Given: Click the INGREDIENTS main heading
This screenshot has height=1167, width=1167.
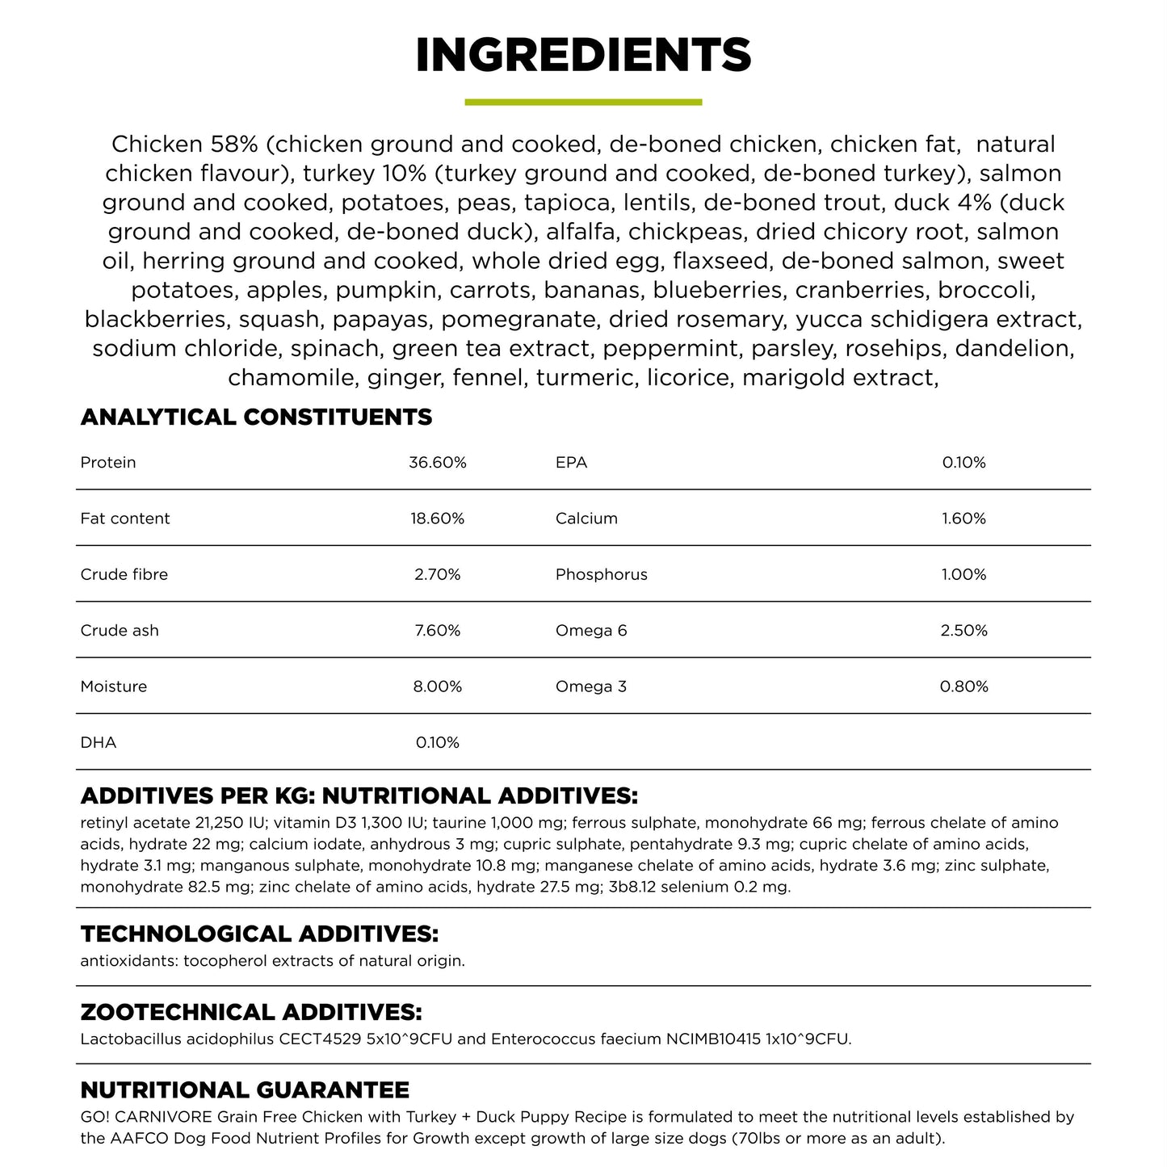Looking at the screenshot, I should click(x=583, y=55).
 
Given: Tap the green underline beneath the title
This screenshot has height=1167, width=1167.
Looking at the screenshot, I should click(x=583, y=103).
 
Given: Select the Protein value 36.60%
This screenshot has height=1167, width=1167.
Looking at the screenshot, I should click(x=438, y=463).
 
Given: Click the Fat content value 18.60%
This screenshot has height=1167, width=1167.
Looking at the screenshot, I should click(x=438, y=518).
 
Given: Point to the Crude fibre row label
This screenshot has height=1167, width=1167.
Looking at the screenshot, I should click(x=124, y=575).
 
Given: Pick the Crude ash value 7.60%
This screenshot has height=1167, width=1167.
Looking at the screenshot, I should click(x=438, y=631).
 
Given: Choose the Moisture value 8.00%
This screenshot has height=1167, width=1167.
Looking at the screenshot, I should click(x=438, y=686).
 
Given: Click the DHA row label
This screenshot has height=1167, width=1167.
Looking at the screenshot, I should click(x=99, y=743).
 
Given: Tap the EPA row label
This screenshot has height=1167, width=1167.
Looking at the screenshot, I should click(x=571, y=463).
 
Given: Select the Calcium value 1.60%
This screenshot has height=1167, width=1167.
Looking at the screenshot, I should click(x=963, y=518).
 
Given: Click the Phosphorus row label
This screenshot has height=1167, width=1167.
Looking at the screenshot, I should click(x=601, y=575).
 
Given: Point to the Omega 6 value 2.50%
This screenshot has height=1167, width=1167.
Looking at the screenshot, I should click(x=963, y=631).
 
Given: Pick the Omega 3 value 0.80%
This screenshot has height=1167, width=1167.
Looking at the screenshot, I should click(x=963, y=686).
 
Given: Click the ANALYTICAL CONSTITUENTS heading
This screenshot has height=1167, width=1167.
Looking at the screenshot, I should click(x=256, y=418).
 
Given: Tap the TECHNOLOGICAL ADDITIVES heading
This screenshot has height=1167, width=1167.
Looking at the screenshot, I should click(x=259, y=934).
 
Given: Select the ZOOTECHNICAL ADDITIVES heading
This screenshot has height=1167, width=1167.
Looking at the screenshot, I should click(x=251, y=1013).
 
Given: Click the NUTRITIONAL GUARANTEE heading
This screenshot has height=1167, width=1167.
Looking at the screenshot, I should click(x=245, y=1090).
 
